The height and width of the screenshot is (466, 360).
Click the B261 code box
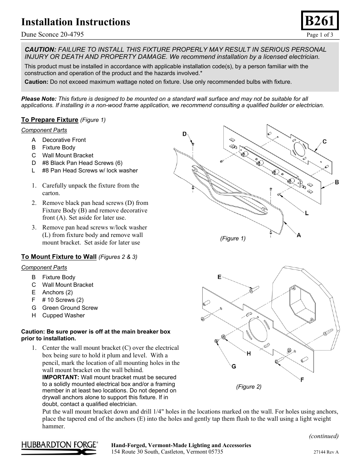[x=320, y=21]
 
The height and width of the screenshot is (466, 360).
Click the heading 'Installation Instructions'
[x=75, y=22]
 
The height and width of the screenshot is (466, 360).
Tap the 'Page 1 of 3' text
[x=320, y=35]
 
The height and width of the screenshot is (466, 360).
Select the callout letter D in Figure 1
[x=185, y=134]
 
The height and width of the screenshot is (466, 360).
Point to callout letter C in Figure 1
[x=324, y=141]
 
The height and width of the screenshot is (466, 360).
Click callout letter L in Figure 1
[x=307, y=213]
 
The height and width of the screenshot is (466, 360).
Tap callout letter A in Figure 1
[x=298, y=235]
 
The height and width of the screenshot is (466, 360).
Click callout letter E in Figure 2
[x=219, y=277]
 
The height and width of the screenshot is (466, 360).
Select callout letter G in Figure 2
[x=234, y=366]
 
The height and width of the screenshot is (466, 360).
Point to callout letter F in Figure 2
[x=302, y=380]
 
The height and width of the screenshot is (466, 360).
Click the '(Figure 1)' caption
[x=233, y=238]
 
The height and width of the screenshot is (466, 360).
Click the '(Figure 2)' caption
[x=249, y=387]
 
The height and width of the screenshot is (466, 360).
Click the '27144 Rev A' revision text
[x=326, y=452]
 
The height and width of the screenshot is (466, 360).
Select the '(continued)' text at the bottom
[x=324, y=436]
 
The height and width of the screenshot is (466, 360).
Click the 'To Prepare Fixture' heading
[x=49, y=120]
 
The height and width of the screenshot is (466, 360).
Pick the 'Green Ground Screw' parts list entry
[x=70, y=308]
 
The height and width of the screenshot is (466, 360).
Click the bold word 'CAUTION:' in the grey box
[x=40, y=49]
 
